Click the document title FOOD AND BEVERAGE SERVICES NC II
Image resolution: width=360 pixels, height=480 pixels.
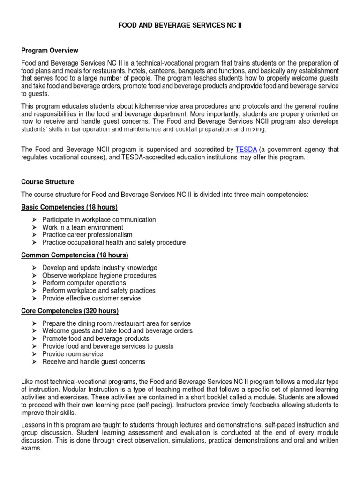click(180, 25)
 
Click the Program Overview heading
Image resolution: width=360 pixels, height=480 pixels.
click(50, 51)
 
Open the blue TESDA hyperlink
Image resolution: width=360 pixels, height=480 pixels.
click(246, 150)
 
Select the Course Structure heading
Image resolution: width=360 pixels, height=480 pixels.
click(47, 182)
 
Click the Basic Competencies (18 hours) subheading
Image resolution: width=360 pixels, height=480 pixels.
click(69, 207)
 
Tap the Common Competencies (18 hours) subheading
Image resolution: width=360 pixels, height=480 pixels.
click(75, 255)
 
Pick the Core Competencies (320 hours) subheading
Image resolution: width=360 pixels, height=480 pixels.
click(70, 311)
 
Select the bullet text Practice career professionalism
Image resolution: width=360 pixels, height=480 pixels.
click(87, 235)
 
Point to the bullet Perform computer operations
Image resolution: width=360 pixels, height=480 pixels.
click(84, 283)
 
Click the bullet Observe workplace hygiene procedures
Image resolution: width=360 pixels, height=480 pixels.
click(99, 276)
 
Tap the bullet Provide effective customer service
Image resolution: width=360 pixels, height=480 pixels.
click(91, 298)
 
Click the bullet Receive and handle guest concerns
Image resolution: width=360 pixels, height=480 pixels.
click(94, 362)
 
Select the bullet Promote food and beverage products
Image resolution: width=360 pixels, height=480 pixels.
click(96, 338)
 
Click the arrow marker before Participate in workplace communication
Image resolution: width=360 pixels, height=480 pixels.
click(34, 220)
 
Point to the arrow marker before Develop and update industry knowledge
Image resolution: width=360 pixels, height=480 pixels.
click(34, 268)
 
